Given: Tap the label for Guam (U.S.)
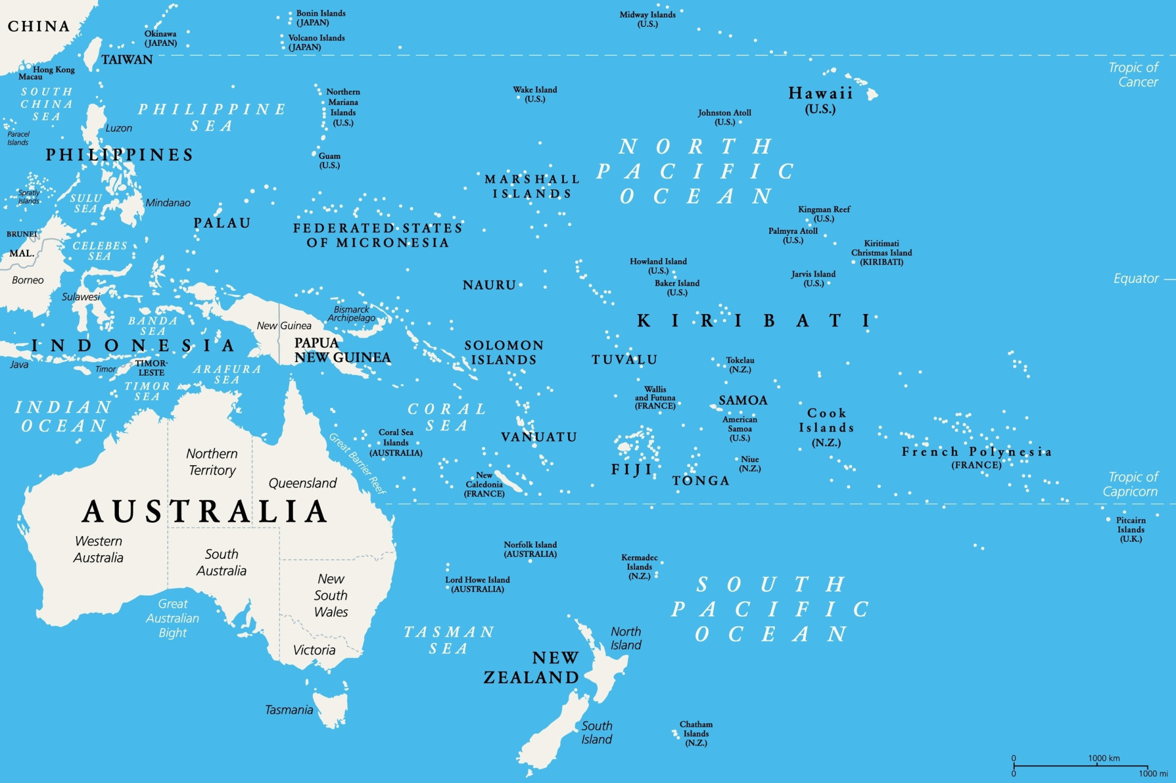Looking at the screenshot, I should (330, 160).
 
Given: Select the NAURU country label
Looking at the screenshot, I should (489, 285).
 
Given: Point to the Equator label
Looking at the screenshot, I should (1136, 279).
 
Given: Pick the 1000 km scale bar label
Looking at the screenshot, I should (1104, 758).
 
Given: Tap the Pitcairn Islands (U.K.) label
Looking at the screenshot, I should (1131, 530).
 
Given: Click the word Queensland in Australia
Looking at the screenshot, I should (303, 483).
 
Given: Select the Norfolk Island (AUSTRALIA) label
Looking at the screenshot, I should (530, 549).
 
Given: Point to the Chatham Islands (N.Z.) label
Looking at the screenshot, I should (696, 733).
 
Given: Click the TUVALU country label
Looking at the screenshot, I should (624, 360).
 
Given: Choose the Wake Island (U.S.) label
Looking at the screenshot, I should (535, 94).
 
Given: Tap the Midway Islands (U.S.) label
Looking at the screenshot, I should (647, 19).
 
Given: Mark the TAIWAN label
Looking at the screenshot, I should (127, 60).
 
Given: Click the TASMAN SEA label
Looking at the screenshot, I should (449, 640).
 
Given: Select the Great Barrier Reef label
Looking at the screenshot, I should (357, 463).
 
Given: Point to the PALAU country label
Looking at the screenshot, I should (222, 223).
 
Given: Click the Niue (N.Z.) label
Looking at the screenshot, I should (750, 464).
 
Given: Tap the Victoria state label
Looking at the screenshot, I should (314, 650).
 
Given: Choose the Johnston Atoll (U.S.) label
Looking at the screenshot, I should (725, 117).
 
